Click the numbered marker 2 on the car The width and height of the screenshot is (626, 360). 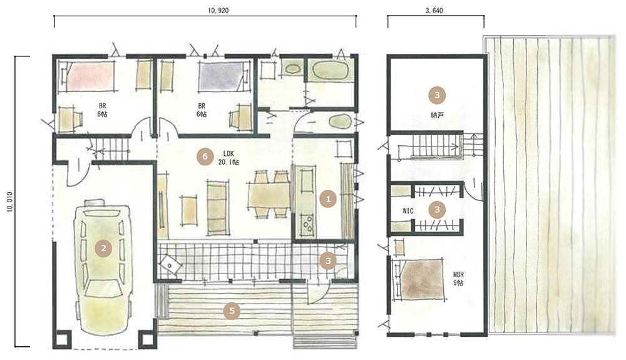point(103,249)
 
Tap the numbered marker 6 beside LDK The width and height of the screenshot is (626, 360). point(205,157)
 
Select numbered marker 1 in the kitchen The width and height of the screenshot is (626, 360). point(328,198)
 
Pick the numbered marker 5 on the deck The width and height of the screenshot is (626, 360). point(232,311)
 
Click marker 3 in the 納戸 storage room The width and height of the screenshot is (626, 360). point(437,95)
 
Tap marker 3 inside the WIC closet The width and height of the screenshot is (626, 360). point(437,210)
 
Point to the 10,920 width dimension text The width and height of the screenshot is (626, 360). point(218,11)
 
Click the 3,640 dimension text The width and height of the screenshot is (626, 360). point(434,11)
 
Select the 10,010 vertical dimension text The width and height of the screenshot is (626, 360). point(10,202)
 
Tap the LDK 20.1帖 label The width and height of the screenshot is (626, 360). point(228,158)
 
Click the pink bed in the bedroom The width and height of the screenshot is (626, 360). point(90,75)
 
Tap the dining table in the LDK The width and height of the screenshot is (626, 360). point(269,195)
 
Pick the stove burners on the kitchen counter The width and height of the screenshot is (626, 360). point(307,225)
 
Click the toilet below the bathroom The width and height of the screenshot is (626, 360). point(339,121)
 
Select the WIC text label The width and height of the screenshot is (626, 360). point(408,211)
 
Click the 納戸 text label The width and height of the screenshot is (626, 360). point(437,115)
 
